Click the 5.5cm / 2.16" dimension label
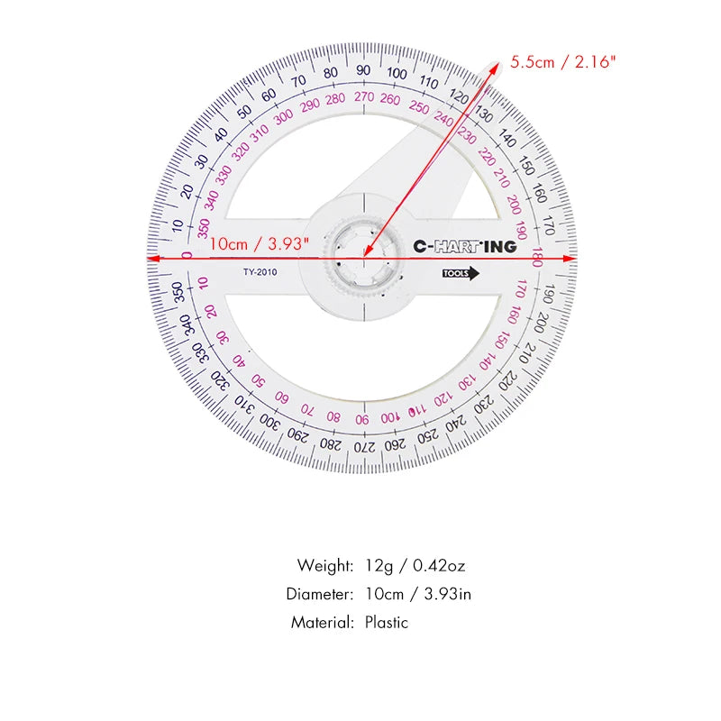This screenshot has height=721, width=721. pos(563,62)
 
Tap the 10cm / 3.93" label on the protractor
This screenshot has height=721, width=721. pos(260,243)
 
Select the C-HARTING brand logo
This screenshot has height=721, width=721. pos(465,246)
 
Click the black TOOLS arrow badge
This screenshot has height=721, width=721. pos(461,275)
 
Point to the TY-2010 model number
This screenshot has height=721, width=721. pos(260,272)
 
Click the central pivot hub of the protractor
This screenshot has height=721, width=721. pos(363,258)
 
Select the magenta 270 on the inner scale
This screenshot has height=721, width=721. pos(363,96)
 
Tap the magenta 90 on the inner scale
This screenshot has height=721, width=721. pos(361,419)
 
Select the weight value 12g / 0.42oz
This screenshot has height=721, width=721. pos(415,566)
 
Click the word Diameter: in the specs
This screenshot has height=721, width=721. pos(320,594)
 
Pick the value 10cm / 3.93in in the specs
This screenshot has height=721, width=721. pos(418,594)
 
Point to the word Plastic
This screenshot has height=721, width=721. pos(387,622)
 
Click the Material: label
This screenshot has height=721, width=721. pos(323,622)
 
